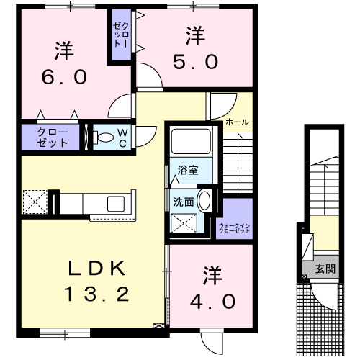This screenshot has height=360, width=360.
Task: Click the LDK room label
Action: point(96,268)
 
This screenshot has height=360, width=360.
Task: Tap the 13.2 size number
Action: point(96,294)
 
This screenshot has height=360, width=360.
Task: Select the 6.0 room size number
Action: point(64,77)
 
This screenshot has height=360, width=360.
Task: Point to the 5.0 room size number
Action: point(196,62)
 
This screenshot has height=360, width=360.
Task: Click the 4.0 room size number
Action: point(212,302)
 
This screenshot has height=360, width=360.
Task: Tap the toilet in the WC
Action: point(104,138)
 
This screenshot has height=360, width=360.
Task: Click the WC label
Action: point(122,138)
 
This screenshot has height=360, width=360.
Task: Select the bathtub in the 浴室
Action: point(192,141)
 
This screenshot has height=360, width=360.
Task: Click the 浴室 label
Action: point(188,170)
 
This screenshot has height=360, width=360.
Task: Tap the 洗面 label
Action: point(184,202)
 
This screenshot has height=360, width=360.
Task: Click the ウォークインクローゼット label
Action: point(235,228)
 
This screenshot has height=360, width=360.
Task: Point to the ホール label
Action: point(237,122)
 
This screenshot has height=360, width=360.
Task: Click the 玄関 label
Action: point(325,269)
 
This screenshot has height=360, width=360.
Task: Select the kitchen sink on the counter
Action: point(116,204)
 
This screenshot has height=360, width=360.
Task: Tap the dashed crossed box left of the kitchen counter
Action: point(35,202)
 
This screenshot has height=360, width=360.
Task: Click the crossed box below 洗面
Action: point(184,223)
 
